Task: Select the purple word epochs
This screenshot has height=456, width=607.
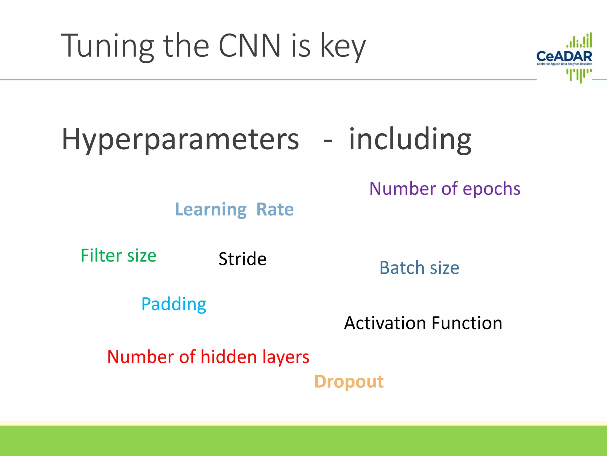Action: point(491,189)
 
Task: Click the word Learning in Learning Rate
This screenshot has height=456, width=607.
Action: point(211,210)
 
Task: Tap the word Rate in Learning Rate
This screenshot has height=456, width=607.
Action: point(275,209)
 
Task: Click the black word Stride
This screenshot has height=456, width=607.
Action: point(242,259)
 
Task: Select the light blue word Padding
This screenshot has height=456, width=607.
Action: point(174,305)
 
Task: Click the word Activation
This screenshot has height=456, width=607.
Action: point(385,323)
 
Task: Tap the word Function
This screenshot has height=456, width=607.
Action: point(467,323)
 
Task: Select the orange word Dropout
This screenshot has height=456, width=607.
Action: point(349,382)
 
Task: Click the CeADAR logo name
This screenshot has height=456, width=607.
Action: point(564,56)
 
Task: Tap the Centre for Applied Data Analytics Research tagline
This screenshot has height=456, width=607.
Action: point(564,64)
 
